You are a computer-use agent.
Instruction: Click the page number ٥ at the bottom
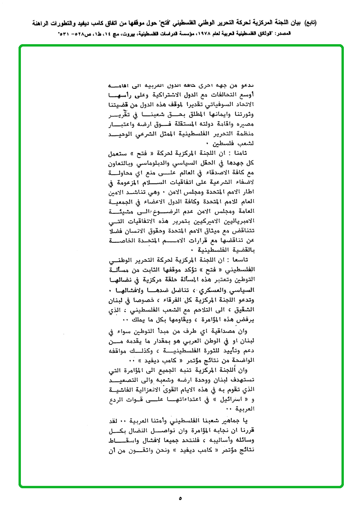[x=180, y=498]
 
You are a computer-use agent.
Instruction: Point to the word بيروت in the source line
[x=125, y=35]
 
